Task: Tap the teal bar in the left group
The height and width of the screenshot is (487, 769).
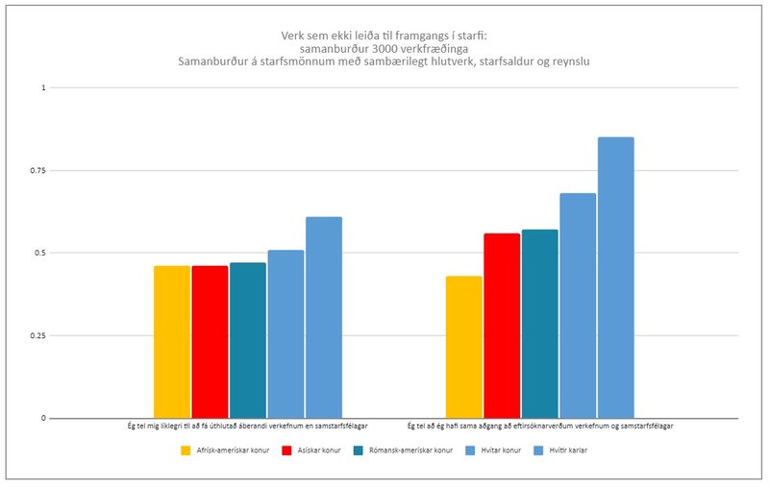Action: pos(247,340)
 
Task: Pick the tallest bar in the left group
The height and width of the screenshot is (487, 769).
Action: pos(324,317)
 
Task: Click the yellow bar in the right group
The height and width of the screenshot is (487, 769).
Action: pos(464,347)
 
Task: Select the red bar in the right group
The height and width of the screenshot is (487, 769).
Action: pos(502,326)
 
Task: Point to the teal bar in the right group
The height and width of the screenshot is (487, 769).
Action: pos(539,324)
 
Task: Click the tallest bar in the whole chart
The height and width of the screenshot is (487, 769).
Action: pos(616,278)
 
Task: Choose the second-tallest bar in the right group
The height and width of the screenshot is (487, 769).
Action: pos(578,305)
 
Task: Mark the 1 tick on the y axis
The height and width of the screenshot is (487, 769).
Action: pos(42,88)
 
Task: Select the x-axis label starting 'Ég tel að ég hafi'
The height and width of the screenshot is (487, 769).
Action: pos(539,426)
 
